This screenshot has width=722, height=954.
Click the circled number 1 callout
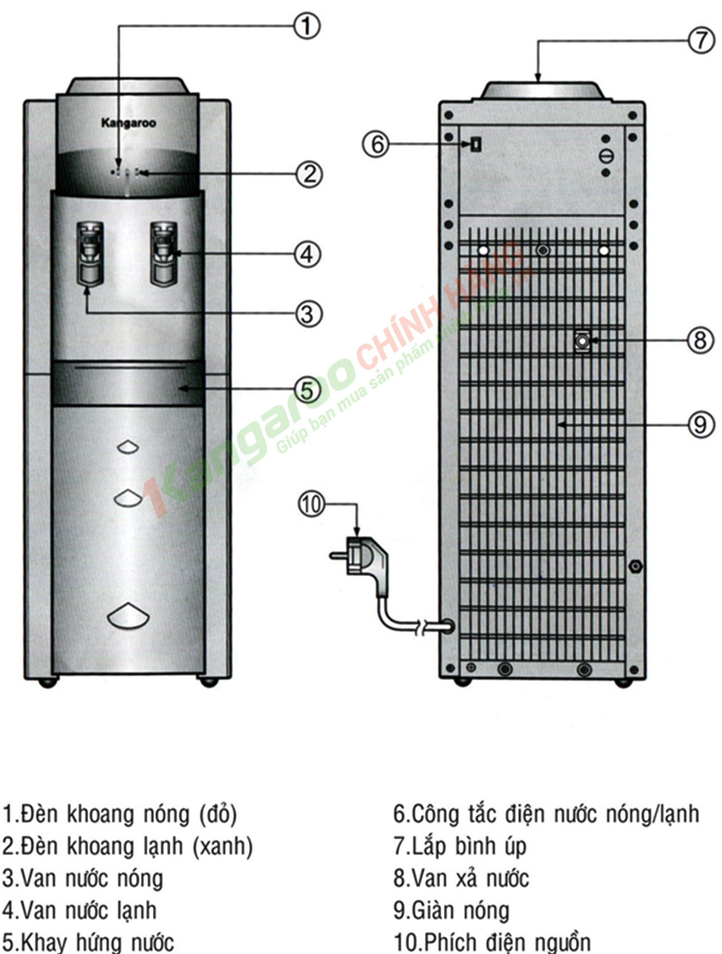(x=307, y=26)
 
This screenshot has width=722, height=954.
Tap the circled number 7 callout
(x=701, y=40)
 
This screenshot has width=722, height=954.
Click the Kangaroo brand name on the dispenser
(x=128, y=123)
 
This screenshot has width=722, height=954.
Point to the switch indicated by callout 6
(x=476, y=144)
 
